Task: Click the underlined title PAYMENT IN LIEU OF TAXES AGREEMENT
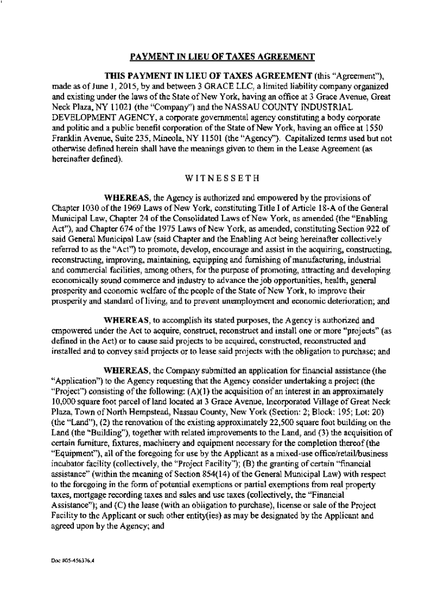221,56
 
